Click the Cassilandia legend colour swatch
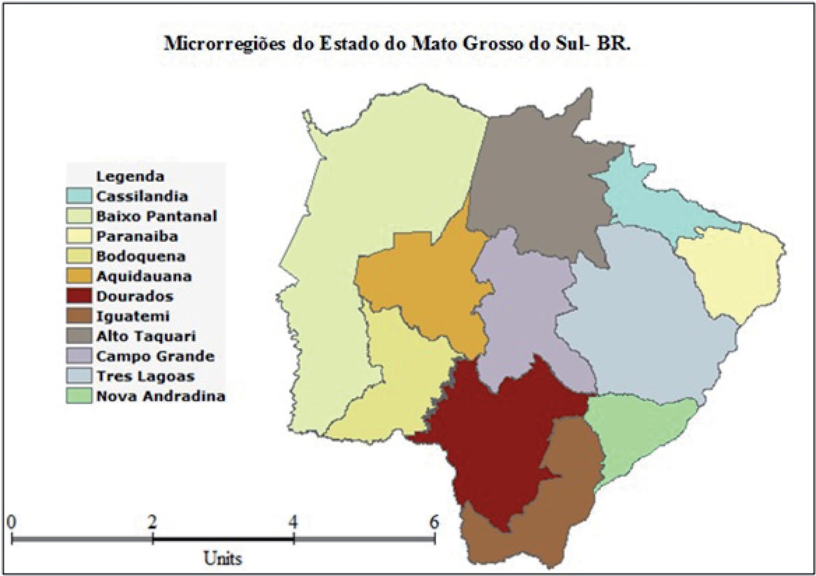coord(79,196)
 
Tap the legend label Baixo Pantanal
coord(156,216)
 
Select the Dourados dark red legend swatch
coord(79,296)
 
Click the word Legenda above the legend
coord(130,177)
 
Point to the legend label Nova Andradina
coord(161,396)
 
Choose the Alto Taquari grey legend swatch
coord(79,336)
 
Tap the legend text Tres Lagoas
coord(145,377)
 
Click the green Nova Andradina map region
coord(637,434)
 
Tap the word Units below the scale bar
coord(223,558)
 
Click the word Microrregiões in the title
coord(225,44)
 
